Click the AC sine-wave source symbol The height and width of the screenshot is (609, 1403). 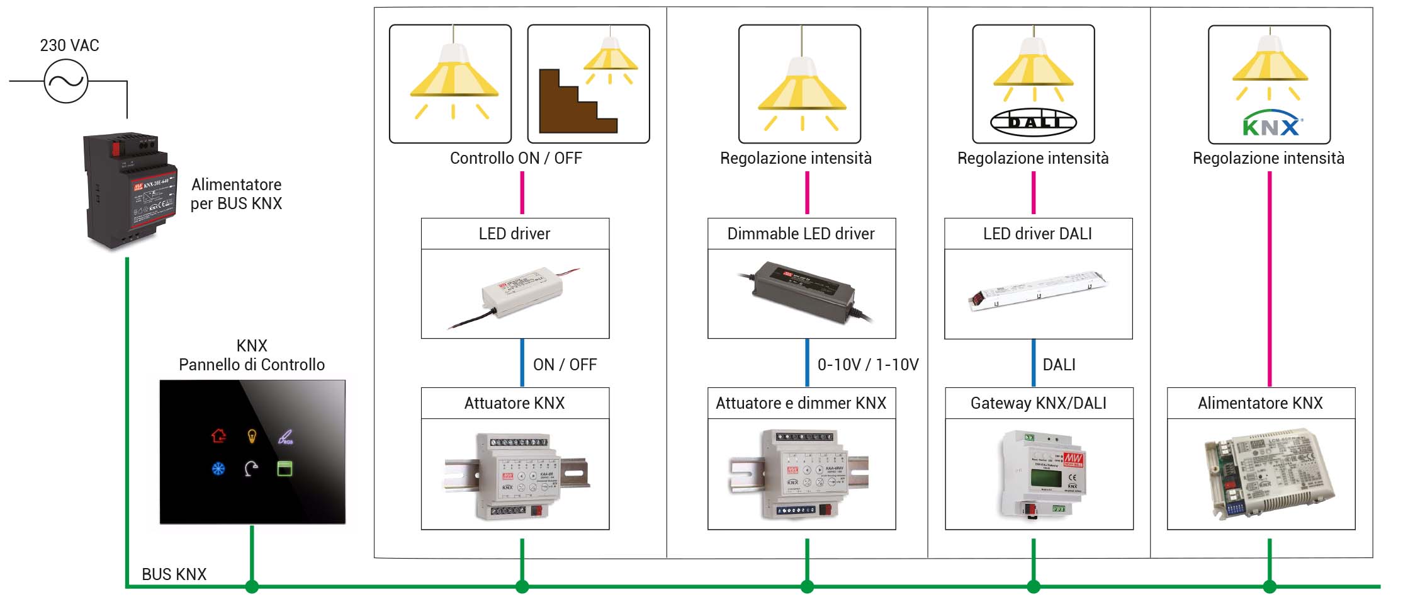[x=66, y=81]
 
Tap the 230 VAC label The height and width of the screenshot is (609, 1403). [x=69, y=45]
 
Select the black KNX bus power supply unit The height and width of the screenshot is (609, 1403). [x=130, y=189]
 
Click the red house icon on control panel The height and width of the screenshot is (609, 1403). [x=218, y=435]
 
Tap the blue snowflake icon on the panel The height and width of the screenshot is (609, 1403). [x=218, y=469]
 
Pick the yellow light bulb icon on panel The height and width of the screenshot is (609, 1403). [x=252, y=435]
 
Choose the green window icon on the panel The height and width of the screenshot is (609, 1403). [x=285, y=469]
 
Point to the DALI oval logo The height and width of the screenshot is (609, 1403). [x=1033, y=122]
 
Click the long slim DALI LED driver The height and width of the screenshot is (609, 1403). [x=1037, y=290]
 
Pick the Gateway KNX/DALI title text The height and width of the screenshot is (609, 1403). [x=1038, y=403]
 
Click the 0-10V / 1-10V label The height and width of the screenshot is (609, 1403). [x=867, y=365]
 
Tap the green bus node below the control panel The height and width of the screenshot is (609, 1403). [x=252, y=586]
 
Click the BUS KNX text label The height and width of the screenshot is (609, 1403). [x=174, y=574]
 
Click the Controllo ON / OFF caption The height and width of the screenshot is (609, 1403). [x=516, y=158]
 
